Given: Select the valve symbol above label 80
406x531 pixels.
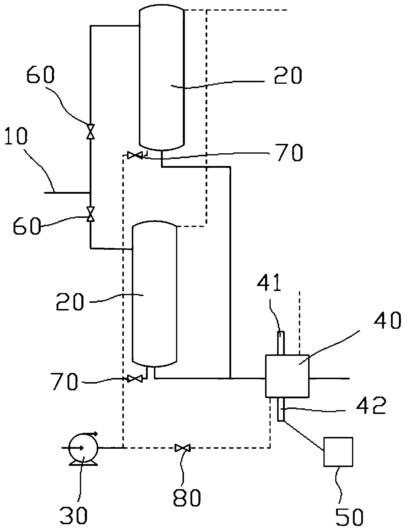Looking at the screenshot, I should click(182, 448).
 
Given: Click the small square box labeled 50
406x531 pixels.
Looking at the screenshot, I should click(338, 452).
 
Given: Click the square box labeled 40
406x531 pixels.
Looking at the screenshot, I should click(287, 376).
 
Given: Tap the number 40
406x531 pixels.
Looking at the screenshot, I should click(387, 320).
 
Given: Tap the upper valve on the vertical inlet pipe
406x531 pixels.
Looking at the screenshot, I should click(91, 131).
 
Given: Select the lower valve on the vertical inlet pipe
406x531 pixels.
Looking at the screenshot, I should click(91, 214).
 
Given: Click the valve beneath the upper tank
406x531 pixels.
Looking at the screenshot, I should click(135, 155).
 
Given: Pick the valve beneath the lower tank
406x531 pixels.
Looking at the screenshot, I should click(135, 379).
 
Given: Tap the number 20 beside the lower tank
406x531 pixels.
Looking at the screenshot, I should click(70, 302).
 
